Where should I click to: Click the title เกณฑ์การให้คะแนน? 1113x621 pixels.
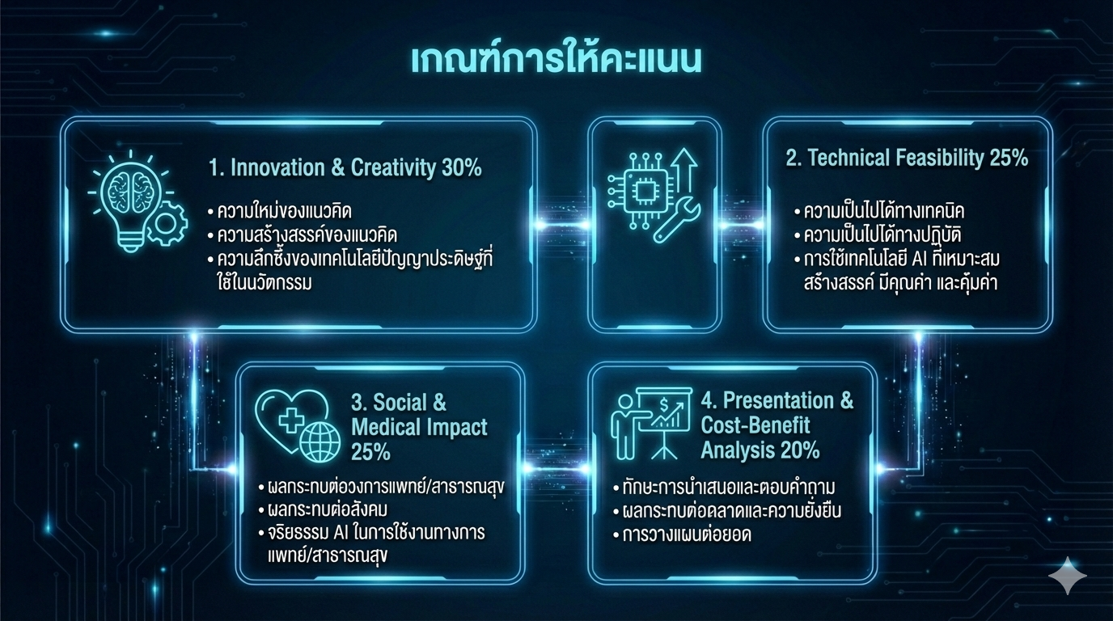pyautogui.click(x=556, y=61)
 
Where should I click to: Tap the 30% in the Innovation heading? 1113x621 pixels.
pyautogui.click(x=461, y=168)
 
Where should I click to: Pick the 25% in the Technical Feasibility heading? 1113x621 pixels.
pyautogui.click(x=1009, y=158)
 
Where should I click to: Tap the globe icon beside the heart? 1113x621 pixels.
pyautogui.click(x=320, y=442)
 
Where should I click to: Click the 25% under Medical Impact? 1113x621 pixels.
pyautogui.click(x=370, y=451)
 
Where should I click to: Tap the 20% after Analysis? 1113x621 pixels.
pyautogui.click(x=800, y=450)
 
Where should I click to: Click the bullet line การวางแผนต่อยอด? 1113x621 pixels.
pyautogui.click(x=683, y=535)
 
